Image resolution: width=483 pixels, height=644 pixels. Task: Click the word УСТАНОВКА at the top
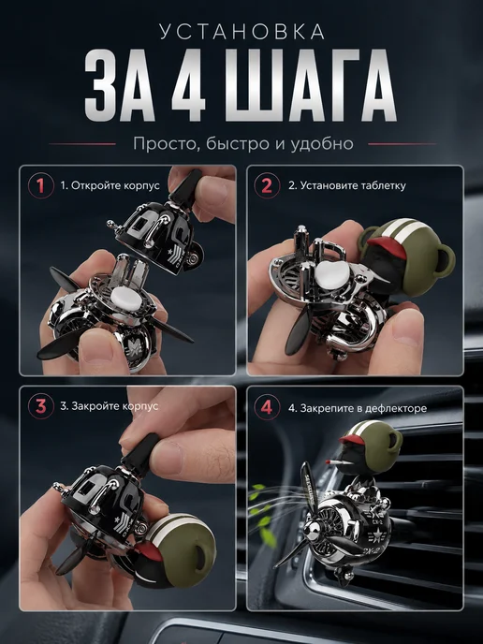tap(242, 32)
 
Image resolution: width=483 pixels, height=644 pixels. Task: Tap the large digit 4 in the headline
tap(188, 85)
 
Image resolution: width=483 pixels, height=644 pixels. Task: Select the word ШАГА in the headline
tap(311, 85)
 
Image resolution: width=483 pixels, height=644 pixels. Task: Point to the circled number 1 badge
tap(41, 185)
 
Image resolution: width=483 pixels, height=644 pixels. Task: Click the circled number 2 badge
tap(267, 185)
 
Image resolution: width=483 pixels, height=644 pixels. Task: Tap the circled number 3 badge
tap(41, 406)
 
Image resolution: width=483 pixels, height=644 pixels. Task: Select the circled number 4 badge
tap(267, 407)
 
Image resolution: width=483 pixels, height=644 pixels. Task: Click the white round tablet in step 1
tap(126, 297)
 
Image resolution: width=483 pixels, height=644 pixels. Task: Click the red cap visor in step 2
tap(388, 246)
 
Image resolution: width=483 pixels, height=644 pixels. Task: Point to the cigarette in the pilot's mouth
tap(334, 461)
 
